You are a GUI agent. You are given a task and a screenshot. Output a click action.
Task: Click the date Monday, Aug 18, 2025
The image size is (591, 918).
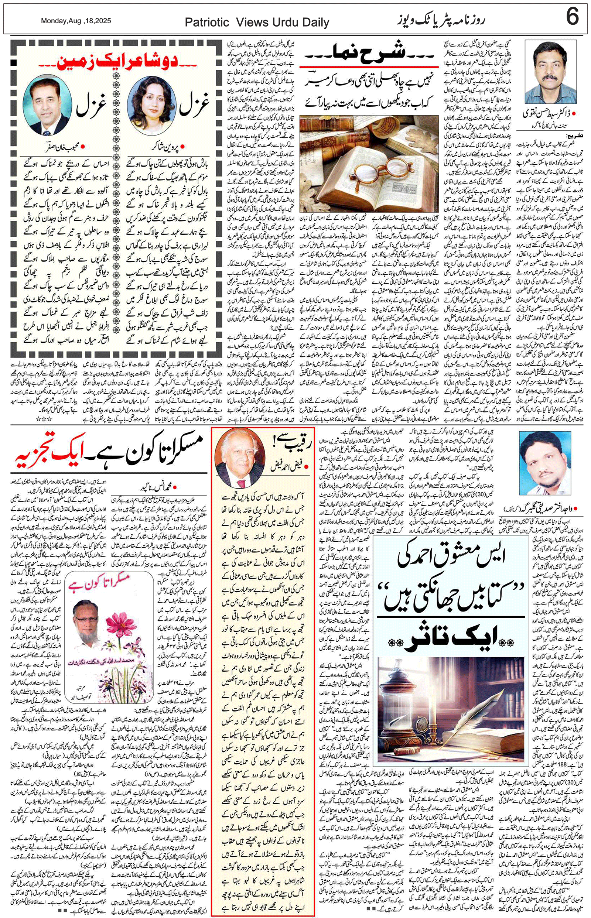pyautogui.click(x=76, y=21)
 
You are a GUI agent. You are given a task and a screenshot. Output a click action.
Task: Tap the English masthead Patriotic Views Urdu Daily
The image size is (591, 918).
pyautogui.click(x=257, y=23)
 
